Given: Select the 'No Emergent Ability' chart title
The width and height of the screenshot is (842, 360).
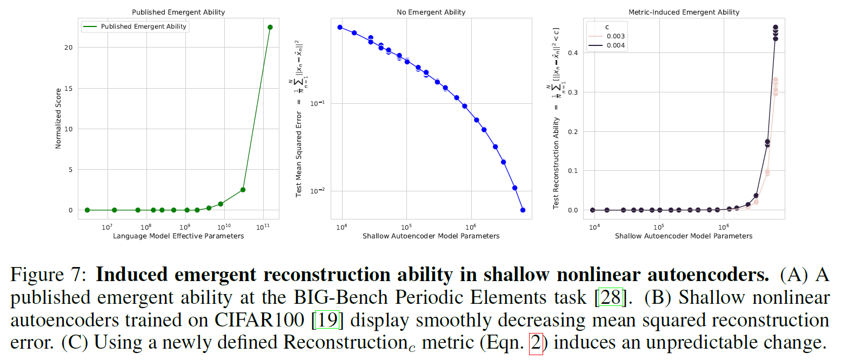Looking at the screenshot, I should [x=431, y=12].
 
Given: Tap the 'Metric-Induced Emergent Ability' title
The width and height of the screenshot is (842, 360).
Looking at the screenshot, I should [x=684, y=12].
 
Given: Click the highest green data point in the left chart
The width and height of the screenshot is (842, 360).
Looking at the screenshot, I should [x=270, y=27].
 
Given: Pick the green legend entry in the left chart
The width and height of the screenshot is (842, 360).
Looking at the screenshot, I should [x=135, y=26].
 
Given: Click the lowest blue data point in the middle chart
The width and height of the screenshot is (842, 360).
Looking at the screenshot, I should [x=522, y=210].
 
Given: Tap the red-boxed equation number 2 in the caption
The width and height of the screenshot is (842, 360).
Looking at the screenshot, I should [x=536, y=343].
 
